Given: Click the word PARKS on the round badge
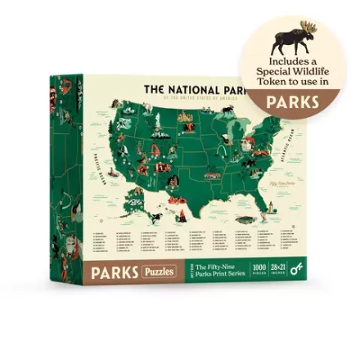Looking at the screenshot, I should point(293,103).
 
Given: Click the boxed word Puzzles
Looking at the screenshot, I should point(160,270).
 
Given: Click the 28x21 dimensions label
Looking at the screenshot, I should point(278,267).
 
